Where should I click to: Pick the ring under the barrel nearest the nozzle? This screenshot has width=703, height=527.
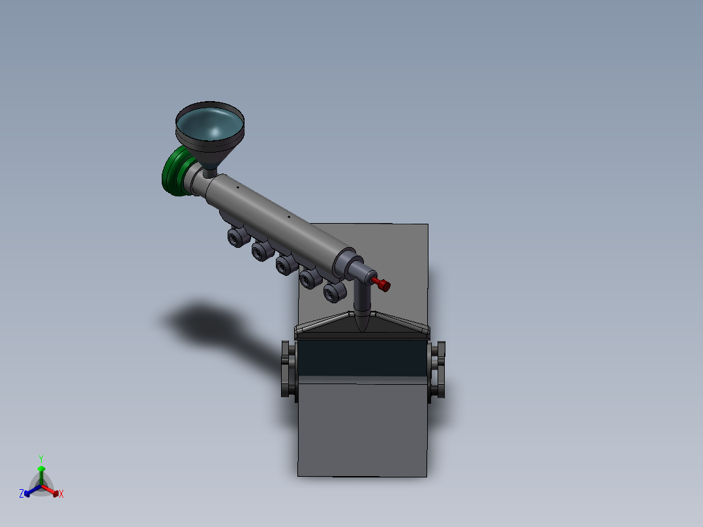[x=333, y=293]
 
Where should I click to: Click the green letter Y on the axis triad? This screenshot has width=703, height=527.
[x=41, y=459]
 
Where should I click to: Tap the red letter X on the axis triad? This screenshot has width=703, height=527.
[x=61, y=494]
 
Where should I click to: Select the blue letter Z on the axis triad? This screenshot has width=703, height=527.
[x=22, y=494]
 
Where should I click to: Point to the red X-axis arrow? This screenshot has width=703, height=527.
[x=52, y=490]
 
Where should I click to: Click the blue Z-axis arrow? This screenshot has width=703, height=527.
[x=30, y=490]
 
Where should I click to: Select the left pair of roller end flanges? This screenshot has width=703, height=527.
[x=288, y=369]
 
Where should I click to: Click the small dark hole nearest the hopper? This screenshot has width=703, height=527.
[x=238, y=188]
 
